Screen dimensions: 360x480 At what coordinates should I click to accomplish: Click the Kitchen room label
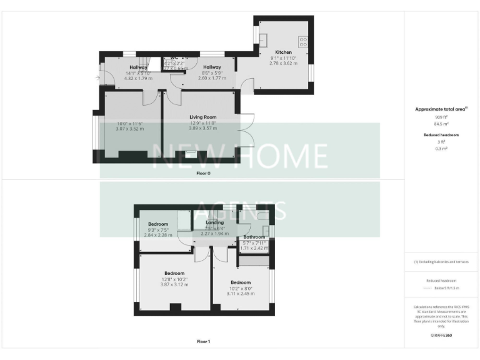pyautogui.click(x=283, y=52)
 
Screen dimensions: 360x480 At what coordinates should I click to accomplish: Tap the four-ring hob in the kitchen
pyautogui.click(x=304, y=42)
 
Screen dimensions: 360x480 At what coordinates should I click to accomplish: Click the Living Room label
pyautogui.click(x=202, y=117)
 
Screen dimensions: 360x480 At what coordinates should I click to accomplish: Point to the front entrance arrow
pyautogui.click(x=97, y=77)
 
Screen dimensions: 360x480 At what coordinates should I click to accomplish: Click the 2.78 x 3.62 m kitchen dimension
pyautogui.click(x=283, y=63)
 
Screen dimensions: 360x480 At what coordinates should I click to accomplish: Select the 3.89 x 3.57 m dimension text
pyautogui.click(x=202, y=128)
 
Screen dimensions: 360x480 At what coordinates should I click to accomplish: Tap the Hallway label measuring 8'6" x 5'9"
pyautogui.click(x=212, y=67)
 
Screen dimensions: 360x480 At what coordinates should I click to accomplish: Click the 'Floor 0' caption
pyautogui.click(x=203, y=173)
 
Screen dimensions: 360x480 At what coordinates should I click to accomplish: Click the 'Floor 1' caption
pyautogui.click(x=203, y=342)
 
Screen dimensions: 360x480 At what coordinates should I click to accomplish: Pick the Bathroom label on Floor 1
pyautogui.click(x=254, y=237)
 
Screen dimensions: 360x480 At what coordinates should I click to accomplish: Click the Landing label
pyautogui.click(x=206, y=222)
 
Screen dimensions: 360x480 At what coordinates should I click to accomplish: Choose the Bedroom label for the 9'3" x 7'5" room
pyautogui.click(x=158, y=224)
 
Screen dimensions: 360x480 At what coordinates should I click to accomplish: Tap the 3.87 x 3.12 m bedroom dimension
pyautogui.click(x=174, y=284)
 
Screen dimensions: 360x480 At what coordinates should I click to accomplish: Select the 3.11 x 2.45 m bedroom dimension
pyautogui.click(x=239, y=294)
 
